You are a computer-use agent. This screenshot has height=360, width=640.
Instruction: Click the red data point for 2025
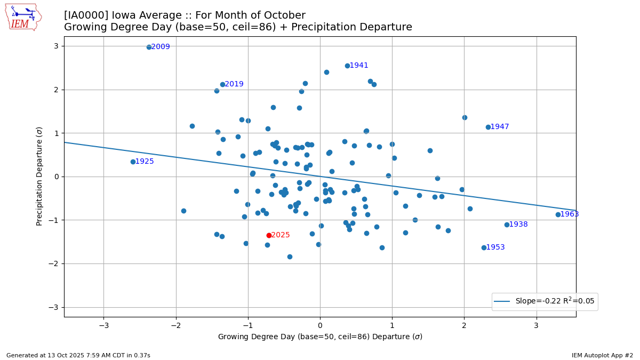269,235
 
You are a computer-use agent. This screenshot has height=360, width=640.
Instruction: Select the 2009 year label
161,47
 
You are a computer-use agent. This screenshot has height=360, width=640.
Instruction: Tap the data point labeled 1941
347,66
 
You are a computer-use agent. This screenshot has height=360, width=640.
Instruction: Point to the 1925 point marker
133,162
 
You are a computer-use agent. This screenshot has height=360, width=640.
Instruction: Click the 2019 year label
234,84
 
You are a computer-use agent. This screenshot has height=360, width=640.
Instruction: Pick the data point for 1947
488,127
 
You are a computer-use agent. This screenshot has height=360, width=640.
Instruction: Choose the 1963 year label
570,214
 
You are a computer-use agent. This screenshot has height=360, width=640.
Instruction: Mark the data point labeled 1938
507,225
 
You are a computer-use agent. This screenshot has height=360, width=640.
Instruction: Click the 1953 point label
495,247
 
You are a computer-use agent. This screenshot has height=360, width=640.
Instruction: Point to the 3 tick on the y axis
55,46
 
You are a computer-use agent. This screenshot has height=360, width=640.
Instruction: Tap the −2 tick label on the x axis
176,325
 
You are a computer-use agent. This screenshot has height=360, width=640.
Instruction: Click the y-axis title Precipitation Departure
39,176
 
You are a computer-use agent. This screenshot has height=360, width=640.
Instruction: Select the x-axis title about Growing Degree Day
320,337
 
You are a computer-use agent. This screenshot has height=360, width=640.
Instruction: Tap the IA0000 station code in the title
85,15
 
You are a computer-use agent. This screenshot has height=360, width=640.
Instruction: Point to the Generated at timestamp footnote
78,355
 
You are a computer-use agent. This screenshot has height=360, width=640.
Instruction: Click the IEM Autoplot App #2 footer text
602,355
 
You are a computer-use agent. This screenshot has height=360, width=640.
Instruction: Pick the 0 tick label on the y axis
55,177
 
